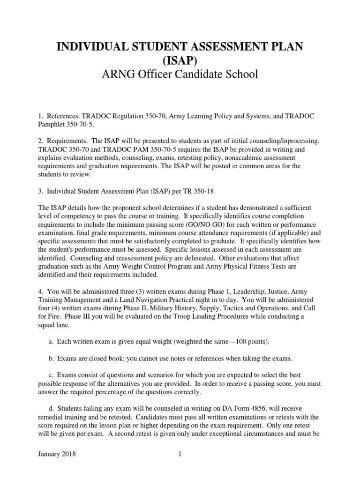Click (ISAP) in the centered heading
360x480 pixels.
180,60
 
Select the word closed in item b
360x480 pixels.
103,359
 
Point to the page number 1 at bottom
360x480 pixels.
180,454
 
